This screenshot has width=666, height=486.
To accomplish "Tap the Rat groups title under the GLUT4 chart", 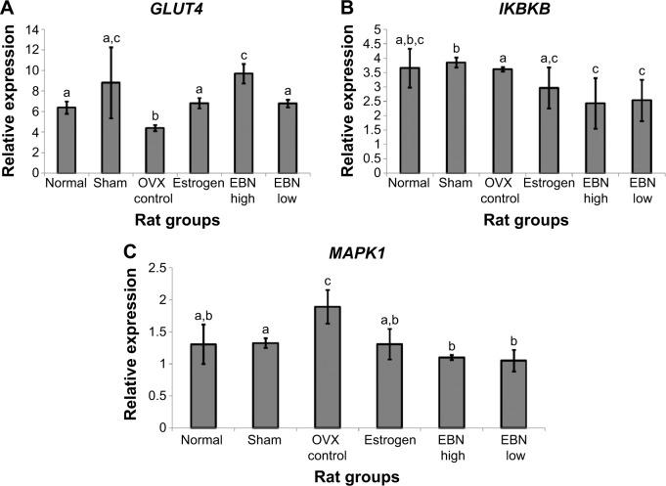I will click(165, 220).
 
